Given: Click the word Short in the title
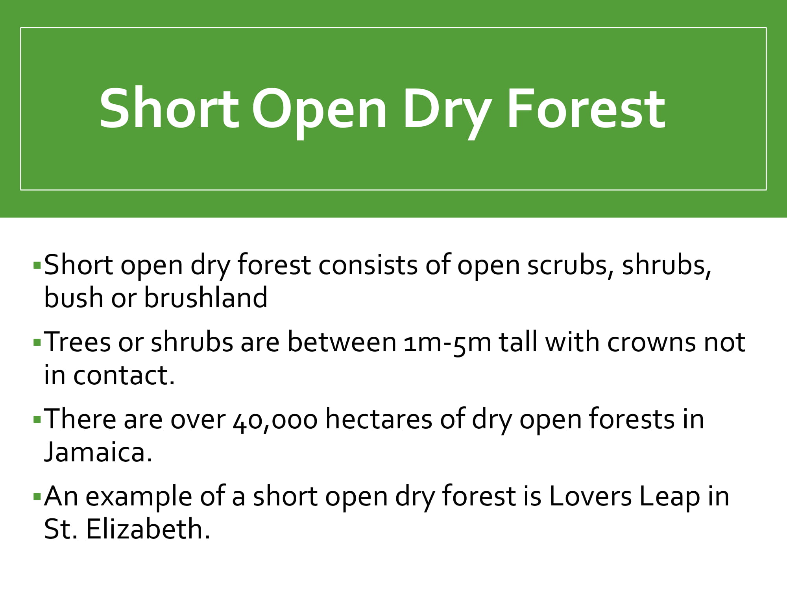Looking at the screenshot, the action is point(169,108).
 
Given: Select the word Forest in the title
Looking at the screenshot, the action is point(587,108).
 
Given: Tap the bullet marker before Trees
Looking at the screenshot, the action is point(37,343).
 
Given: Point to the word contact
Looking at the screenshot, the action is point(124,375).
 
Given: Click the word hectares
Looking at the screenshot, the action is point(379,419).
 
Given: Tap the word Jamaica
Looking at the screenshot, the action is point(98,452).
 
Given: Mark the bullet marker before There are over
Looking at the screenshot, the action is point(37,420).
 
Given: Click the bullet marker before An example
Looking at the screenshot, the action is point(37,497).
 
